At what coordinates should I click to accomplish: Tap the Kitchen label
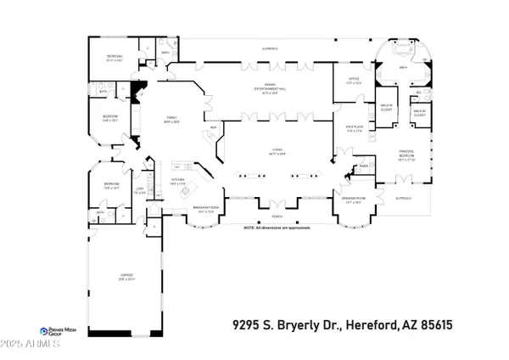pyautogui.click(x=178, y=179)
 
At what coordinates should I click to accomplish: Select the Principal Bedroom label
pyautogui.click(x=411, y=155)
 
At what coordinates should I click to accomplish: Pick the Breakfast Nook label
pyautogui.click(x=206, y=209)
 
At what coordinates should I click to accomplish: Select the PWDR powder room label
pyautogui.click(x=364, y=166)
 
